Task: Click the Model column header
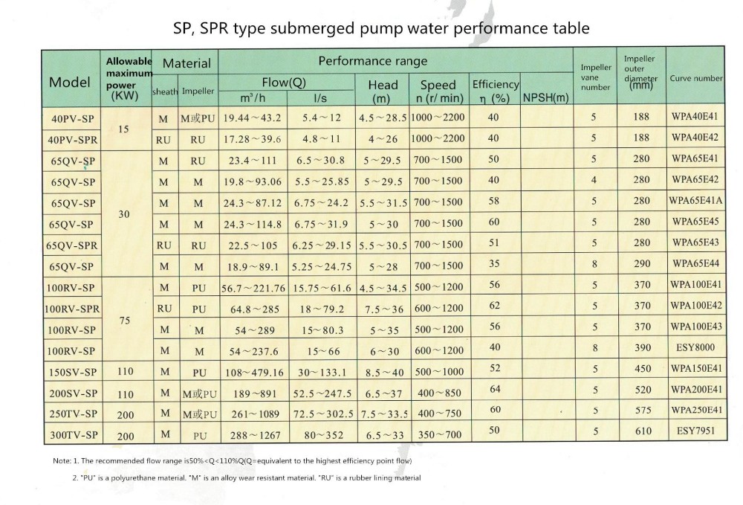click(70, 82)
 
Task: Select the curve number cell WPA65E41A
click(695, 201)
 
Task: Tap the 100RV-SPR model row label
click(72, 309)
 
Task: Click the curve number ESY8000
click(695, 347)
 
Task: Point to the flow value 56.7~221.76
click(253, 289)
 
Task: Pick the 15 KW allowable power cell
click(123, 129)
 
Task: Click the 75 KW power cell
click(125, 321)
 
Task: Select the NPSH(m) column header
click(546, 97)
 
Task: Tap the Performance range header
click(373, 61)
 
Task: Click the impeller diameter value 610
click(643, 431)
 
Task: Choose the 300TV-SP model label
click(74, 435)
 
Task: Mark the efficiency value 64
click(495, 389)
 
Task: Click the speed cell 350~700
click(440, 434)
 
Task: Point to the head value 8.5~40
click(384, 373)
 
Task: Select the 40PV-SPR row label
click(73, 141)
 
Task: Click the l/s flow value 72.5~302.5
click(323, 414)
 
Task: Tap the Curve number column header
click(695, 78)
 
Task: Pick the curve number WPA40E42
click(695, 138)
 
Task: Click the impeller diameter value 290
click(642, 263)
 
